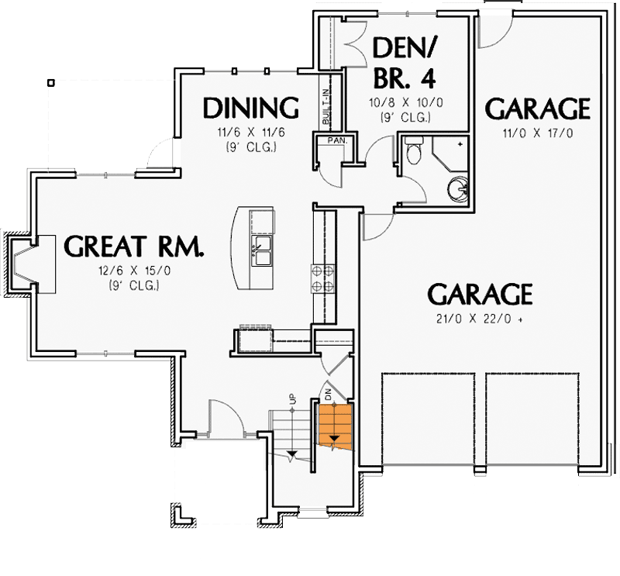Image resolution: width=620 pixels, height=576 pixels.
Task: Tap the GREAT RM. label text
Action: point(134,246)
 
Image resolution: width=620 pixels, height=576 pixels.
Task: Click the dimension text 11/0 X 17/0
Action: point(537,133)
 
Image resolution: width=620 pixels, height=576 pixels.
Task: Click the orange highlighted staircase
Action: point(335,426)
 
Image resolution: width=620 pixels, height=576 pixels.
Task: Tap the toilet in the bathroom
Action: point(414,150)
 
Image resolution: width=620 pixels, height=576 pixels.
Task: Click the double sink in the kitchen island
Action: point(261,254)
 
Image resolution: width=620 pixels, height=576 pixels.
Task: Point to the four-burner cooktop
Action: point(323,278)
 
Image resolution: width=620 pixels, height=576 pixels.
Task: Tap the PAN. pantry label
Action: point(336,141)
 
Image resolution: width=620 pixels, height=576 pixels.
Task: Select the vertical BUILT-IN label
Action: point(326,105)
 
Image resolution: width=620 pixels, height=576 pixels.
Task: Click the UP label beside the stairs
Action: point(293,399)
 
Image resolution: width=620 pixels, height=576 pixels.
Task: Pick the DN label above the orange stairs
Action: point(328,394)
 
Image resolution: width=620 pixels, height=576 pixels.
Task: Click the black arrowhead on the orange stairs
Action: point(334,441)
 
